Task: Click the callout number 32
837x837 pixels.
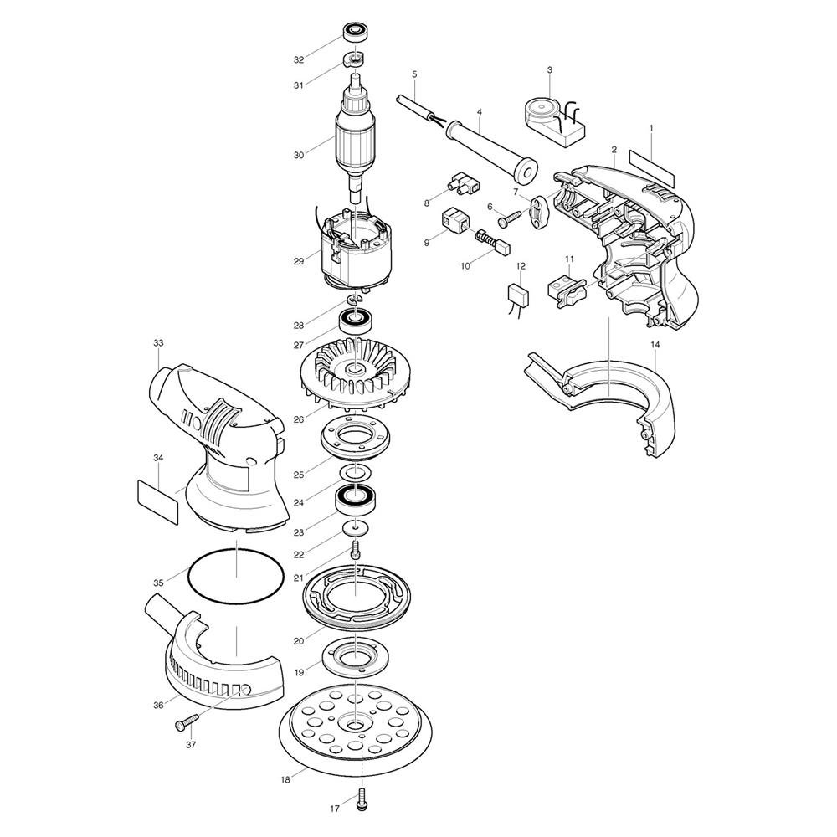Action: coord(299,59)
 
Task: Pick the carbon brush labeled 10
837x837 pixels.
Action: coord(493,242)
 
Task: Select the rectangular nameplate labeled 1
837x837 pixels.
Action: coord(652,166)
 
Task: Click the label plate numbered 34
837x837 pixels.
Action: coord(157,501)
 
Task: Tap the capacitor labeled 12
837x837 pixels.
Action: coord(520,296)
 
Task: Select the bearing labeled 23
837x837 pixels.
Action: coord(353,499)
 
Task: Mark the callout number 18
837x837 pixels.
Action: coord(285,780)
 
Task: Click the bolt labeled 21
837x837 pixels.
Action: coord(355,549)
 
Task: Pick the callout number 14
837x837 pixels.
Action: coord(655,345)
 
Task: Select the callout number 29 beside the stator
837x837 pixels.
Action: coord(299,261)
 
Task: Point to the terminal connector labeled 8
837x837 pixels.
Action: coord(464,183)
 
